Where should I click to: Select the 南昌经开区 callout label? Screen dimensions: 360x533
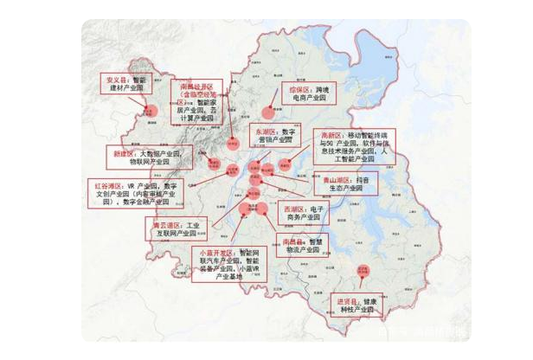tap(201, 100)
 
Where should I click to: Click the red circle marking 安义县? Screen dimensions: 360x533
tap(148, 111)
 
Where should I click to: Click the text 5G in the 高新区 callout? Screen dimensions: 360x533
tap(334, 147)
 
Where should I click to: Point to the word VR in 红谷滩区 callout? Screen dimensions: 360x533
tap(132, 185)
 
